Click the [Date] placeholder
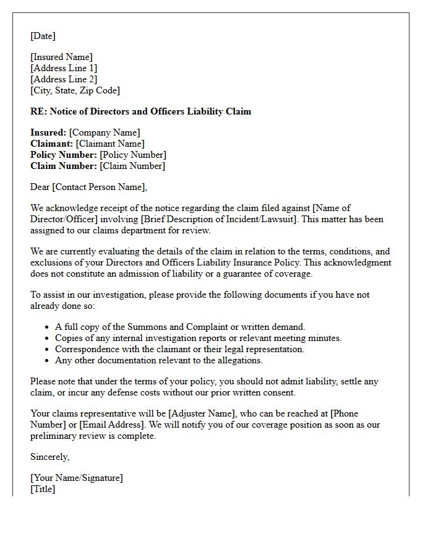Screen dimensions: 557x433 tap(43, 36)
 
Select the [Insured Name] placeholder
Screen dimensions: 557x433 tap(61, 57)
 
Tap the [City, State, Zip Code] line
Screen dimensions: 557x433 tap(75, 90)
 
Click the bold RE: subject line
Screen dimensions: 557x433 tap(140, 111)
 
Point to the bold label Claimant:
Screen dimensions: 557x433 tap(52, 144)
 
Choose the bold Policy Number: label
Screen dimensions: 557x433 tap(64, 155)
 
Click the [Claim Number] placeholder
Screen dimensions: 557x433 tap(132, 166)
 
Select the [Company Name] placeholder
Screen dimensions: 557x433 tap(105, 132)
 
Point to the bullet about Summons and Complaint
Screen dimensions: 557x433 tap(180, 327)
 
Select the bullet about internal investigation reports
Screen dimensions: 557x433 tap(198, 338)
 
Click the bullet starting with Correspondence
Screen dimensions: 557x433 tap(179, 349)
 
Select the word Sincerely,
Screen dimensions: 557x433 tap(50, 457)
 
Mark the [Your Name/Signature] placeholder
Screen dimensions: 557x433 tap(77, 478)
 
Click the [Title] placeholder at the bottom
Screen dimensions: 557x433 tap(43, 489)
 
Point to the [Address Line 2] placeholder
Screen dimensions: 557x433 tap(64, 79)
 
